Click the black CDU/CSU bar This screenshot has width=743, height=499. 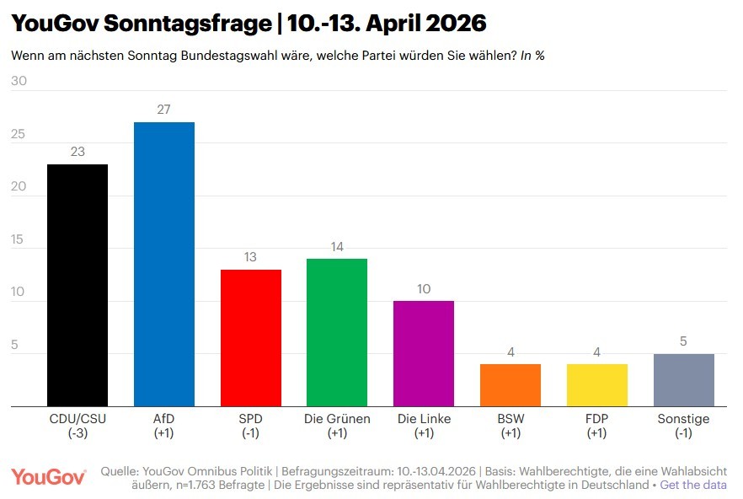(x=78, y=285)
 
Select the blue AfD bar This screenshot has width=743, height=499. (x=164, y=264)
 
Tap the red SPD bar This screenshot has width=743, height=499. (x=250, y=337)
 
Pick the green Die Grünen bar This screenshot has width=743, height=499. (x=337, y=332)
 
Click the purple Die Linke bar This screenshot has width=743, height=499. (x=424, y=353)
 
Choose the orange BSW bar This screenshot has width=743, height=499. (x=510, y=385)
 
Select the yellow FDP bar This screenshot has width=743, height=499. (x=596, y=385)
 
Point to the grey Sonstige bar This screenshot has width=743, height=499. (x=683, y=380)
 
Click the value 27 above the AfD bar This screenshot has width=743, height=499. (x=164, y=110)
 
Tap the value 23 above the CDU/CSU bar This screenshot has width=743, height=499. (x=78, y=152)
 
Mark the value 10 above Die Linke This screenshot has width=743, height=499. (x=424, y=289)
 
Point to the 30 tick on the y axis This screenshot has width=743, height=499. (x=19, y=82)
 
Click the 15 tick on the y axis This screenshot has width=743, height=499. (x=19, y=239)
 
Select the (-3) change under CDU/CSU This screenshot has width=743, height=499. (x=78, y=433)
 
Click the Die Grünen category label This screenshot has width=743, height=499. (x=337, y=419)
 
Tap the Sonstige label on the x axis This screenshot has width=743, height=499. (x=683, y=419)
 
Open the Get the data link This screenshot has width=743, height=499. (x=693, y=486)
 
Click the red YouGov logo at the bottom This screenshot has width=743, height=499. (x=49, y=477)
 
